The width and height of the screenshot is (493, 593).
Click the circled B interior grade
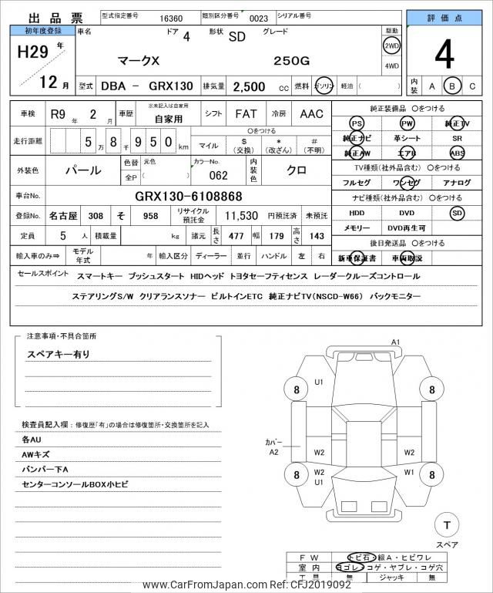[x=454, y=86]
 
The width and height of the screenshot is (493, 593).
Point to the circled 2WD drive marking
[x=392, y=46]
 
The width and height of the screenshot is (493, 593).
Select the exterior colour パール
[x=86, y=169]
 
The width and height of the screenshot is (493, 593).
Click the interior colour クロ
[x=296, y=169]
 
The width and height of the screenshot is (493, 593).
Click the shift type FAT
[x=246, y=114]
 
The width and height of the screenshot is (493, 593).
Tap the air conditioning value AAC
[x=311, y=114]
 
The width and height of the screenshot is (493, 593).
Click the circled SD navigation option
[x=458, y=212]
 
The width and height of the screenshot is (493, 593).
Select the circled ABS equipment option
[x=458, y=153]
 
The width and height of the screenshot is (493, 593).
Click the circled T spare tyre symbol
[x=445, y=525]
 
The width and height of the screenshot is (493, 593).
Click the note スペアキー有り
[x=59, y=354]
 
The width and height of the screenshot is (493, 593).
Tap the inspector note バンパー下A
[x=45, y=470]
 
